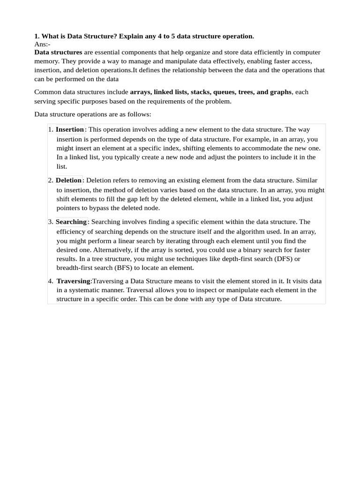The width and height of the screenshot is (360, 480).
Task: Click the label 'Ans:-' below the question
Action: [42, 44]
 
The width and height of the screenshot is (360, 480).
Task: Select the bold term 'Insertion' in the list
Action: [70, 129]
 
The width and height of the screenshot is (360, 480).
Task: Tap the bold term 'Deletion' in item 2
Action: [68, 180]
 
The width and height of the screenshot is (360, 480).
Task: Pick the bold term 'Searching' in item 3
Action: [71, 222]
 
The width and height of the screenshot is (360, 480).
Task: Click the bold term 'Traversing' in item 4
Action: [73, 281]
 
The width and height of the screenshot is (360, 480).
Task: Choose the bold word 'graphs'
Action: [280, 92]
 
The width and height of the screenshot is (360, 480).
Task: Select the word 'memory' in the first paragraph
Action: [45, 61]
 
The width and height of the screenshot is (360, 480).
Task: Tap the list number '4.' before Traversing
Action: [50, 281]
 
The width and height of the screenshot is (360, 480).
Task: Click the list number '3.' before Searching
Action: [50, 222]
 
